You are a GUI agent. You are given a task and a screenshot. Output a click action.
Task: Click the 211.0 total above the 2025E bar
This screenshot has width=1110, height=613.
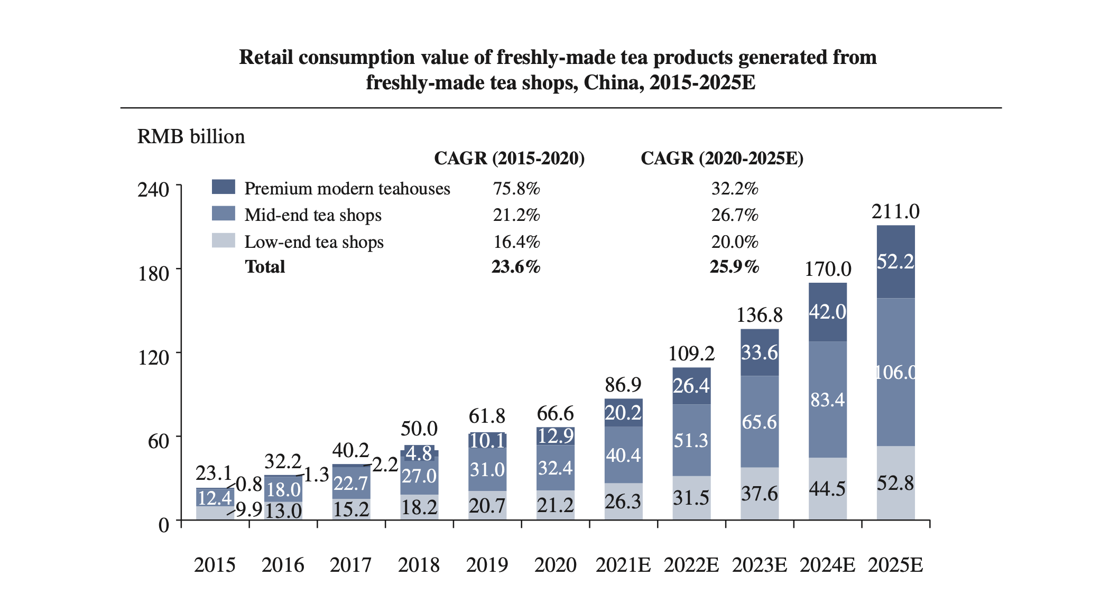(895, 212)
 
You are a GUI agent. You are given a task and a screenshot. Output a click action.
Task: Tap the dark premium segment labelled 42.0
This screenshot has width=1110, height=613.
(828, 312)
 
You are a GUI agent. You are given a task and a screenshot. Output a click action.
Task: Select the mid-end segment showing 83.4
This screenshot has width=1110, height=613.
(828, 400)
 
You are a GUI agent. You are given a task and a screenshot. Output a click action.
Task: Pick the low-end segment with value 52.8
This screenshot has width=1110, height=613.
(895, 483)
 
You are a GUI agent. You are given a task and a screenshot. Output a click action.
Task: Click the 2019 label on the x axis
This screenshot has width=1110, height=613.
(487, 565)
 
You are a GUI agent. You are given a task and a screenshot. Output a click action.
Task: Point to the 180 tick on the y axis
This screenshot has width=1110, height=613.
(153, 274)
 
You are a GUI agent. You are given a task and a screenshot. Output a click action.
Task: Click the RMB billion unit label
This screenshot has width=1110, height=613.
(191, 137)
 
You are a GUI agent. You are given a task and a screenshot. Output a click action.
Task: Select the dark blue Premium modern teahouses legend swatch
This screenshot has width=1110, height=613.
(223, 187)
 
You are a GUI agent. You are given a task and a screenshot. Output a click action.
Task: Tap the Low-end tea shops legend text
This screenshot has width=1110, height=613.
(313, 242)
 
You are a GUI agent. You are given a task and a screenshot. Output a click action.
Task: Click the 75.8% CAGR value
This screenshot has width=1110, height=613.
(516, 189)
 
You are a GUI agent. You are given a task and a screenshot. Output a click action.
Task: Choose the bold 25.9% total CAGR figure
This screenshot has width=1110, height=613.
(734, 267)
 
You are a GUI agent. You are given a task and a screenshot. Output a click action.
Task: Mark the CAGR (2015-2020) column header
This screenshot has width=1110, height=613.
(509, 159)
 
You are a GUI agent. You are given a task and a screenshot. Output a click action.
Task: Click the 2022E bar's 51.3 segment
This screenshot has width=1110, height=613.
(691, 440)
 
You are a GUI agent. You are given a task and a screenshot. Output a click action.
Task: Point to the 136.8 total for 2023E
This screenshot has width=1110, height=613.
(760, 315)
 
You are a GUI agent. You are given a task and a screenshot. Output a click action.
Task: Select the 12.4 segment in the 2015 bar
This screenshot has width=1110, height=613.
(215, 497)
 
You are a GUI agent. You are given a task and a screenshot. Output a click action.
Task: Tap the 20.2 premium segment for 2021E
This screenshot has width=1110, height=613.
(623, 413)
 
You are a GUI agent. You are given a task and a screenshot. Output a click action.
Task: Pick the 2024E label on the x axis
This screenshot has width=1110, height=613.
(827, 565)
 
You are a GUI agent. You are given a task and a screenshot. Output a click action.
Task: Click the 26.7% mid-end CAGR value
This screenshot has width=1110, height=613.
(734, 215)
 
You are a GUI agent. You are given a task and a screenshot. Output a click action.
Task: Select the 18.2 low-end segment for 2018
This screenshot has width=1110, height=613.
(419, 507)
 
